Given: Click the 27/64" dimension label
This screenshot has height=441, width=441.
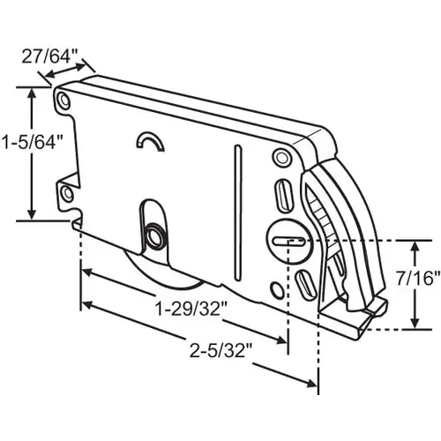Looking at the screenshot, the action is coord(45,56).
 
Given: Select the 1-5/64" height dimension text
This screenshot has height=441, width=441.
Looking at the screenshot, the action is coord(33,142).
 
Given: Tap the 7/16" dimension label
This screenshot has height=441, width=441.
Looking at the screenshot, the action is coord(417,279).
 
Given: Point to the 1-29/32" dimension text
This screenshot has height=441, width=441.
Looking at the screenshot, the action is coord(191,309).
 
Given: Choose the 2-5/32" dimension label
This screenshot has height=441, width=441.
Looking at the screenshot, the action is coord(221,351).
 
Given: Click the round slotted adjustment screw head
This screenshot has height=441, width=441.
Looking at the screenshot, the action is coord(288,241).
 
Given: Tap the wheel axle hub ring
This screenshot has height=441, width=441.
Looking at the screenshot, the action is coord(155,235).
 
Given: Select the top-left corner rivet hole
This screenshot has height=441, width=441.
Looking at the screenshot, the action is coord(64,101).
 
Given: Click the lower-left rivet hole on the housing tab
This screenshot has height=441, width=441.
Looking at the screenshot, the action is coord(68,194).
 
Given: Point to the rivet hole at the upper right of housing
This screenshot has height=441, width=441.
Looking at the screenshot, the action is coord(281,157).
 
